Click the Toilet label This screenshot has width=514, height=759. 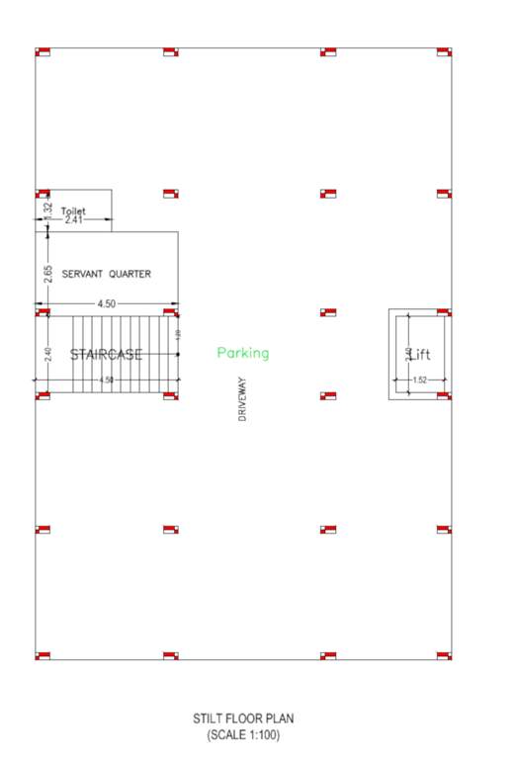click(x=74, y=211)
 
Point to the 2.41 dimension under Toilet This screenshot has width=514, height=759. click(x=74, y=220)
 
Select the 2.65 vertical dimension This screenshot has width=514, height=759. click(x=47, y=274)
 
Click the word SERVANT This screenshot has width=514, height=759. click(x=83, y=274)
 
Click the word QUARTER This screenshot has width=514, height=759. click(x=130, y=274)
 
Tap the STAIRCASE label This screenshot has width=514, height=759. click(x=106, y=354)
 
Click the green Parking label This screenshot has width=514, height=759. click(x=243, y=353)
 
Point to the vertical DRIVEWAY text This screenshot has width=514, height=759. click(x=242, y=399)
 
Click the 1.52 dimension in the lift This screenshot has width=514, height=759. click(x=420, y=379)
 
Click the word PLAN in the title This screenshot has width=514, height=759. click(x=281, y=719)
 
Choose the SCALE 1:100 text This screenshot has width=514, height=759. click(x=242, y=735)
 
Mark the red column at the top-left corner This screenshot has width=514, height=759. click(x=43, y=52)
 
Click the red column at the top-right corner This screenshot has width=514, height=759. click(x=444, y=52)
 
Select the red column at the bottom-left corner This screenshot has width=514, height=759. click(x=43, y=655)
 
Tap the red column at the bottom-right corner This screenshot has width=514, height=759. click(x=444, y=655)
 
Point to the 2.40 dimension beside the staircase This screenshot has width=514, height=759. click(x=47, y=352)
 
